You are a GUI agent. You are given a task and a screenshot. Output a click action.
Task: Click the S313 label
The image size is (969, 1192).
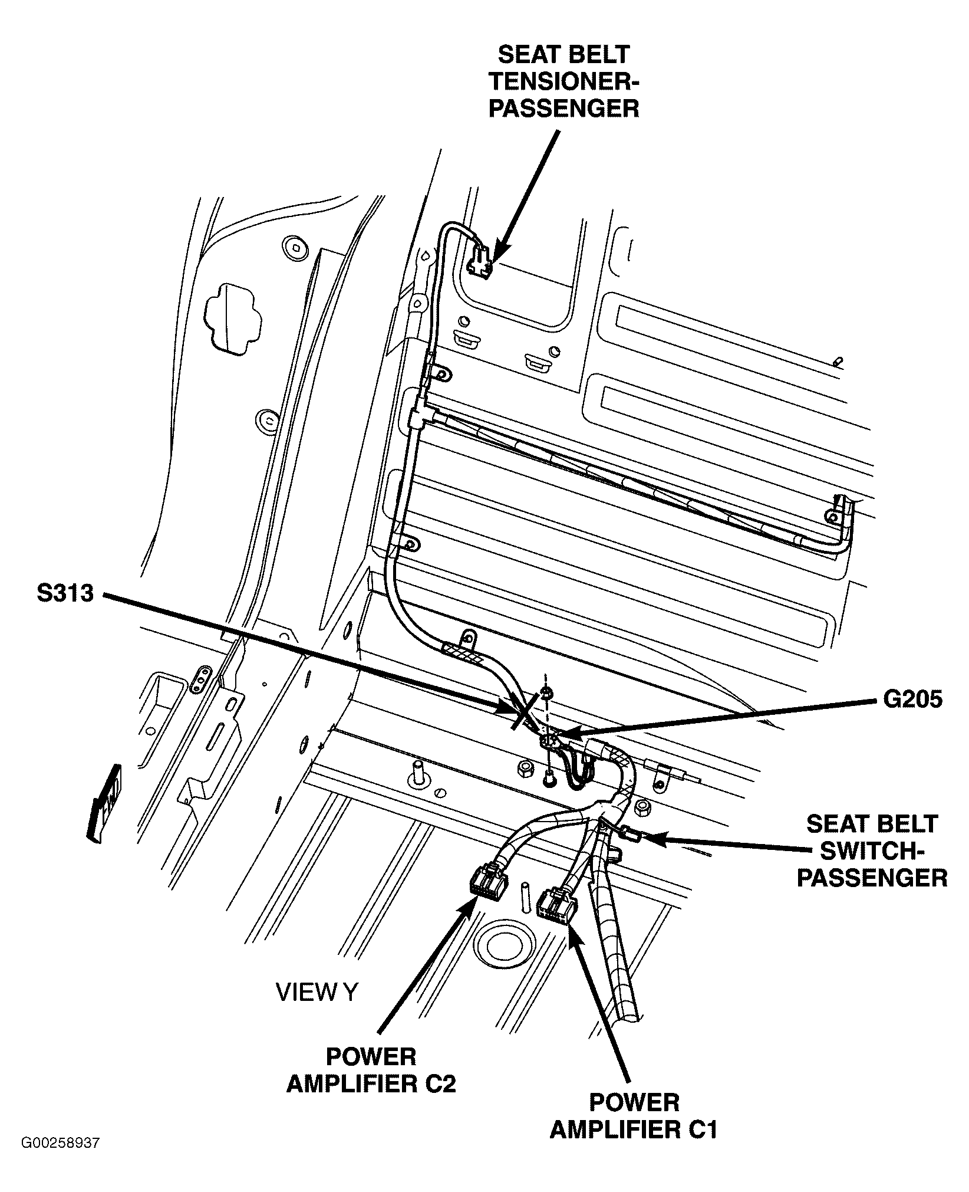(x=65, y=593)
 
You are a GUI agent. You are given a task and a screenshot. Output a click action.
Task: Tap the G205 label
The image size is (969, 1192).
(x=912, y=699)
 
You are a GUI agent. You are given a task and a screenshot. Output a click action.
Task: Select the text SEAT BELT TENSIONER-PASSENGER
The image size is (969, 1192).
(x=563, y=82)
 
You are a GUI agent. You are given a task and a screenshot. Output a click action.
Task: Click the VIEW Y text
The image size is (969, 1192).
(x=317, y=993)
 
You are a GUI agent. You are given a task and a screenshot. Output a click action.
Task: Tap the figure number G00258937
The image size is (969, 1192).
(x=61, y=1160)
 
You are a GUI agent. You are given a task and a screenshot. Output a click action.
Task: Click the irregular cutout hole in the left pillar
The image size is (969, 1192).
(x=232, y=319)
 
